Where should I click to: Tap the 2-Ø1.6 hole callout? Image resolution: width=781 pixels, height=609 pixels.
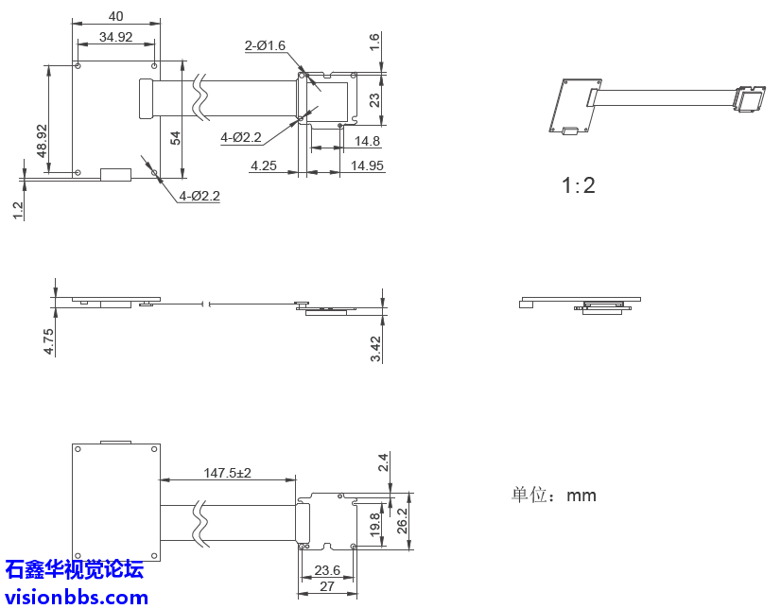click(x=265, y=45)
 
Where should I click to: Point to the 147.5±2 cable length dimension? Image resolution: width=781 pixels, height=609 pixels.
click(x=227, y=472)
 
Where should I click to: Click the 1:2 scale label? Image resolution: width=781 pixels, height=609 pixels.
click(x=579, y=185)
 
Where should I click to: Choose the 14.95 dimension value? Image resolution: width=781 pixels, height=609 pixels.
click(x=367, y=165)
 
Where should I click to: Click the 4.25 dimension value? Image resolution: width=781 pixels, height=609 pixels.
click(x=264, y=165)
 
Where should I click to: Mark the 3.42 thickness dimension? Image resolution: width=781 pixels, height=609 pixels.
click(x=375, y=348)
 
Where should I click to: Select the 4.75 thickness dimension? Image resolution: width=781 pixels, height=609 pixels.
click(x=49, y=340)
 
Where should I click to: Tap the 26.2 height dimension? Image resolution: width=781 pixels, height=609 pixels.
click(x=402, y=521)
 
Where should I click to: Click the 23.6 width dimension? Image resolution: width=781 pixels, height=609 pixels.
click(x=327, y=570)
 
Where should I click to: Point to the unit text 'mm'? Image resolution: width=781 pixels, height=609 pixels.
click(x=581, y=495)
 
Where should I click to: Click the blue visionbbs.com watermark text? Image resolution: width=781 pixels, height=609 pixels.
click(x=76, y=597)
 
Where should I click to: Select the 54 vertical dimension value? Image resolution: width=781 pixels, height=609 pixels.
click(x=175, y=137)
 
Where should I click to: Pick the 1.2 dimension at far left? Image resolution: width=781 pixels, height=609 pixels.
click(x=18, y=210)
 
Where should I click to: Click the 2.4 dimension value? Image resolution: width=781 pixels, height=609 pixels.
click(x=383, y=462)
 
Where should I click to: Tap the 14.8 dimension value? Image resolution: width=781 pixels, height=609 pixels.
click(x=367, y=141)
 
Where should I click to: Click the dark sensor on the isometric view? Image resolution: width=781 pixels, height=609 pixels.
click(x=753, y=99)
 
